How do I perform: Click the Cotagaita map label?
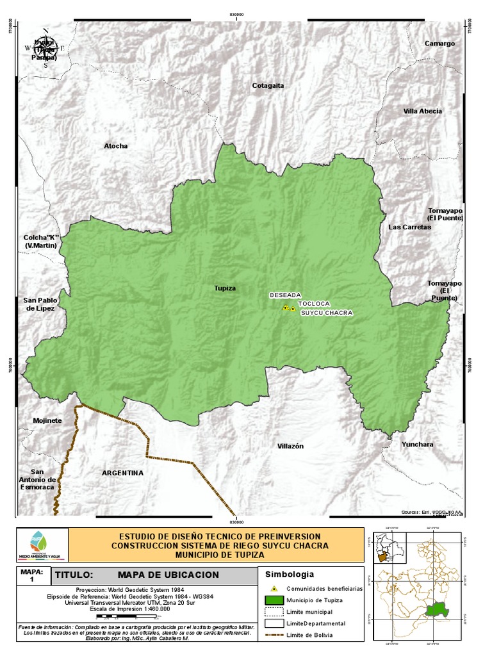(x=268, y=85)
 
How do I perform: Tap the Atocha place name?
(x=116, y=146)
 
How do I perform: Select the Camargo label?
(x=439, y=44)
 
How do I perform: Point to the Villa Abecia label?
(x=422, y=111)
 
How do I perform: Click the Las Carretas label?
(x=409, y=227)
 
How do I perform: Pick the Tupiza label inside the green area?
(x=225, y=288)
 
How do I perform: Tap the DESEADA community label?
(x=284, y=295)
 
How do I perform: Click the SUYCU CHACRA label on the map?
(x=327, y=313)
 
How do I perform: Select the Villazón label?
(x=290, y=446)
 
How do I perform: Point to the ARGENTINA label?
(x=122, y=473)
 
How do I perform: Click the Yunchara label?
(x=417, y=444)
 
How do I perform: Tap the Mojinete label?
(x=47, y=421)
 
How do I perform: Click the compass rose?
(x=45, y=47)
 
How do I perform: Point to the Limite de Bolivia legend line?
(x=274, y=636)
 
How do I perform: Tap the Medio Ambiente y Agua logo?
(x=42, y=545)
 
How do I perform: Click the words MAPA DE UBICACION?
(x=168, y=575)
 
